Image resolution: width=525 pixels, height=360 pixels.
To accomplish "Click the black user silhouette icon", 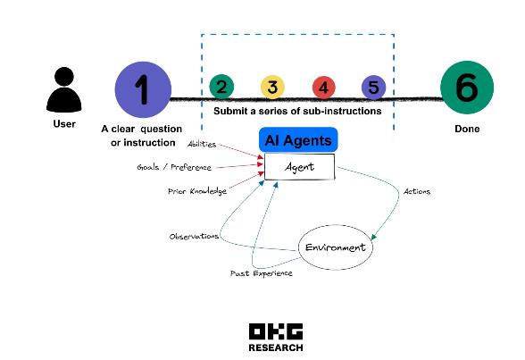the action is click(x=63, y=89).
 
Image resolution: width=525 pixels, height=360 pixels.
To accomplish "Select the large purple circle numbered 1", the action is click(x=143, y=89).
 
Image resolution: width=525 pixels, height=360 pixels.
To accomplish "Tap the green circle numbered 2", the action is click(x=221, y=87).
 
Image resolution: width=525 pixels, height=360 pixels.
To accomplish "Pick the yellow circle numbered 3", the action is click(x=272, y=87).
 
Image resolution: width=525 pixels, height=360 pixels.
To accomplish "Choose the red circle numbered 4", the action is click(x=324, y=88).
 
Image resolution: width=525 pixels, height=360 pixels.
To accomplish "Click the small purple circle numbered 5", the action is click(x=373, y=88).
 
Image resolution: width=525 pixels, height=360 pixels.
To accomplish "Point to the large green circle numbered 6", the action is click(x=467, y=88).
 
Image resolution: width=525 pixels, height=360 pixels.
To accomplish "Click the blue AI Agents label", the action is click(x=298, y=140).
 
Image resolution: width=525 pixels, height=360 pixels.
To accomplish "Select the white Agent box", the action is click(x=300, y=167).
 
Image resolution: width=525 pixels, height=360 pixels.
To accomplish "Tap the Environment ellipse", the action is click(x=335, y=247).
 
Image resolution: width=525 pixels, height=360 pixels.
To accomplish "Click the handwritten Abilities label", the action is click(x=202, y=144).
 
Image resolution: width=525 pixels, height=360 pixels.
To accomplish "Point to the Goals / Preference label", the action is click(x=174, y=167).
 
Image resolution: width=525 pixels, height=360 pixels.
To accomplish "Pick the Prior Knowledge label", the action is click(x=197, y=191).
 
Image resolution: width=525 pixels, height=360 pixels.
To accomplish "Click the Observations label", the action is click(x=194, y=237).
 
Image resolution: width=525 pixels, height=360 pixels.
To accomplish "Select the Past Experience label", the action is click(x=261, y=273).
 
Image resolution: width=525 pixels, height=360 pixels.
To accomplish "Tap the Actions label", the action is click(x=416, y=191).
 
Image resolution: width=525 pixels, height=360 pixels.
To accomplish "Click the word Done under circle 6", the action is click(x=467, y=129).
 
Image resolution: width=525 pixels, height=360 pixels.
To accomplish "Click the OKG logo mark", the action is click(x=276, y=331).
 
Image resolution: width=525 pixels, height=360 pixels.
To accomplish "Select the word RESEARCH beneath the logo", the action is click(x=276, y=347).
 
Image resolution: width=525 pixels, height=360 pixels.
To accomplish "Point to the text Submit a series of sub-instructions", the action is click(x=297, y=111).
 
